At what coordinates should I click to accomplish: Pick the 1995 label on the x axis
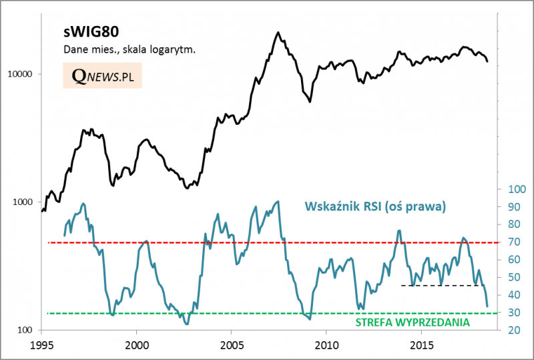tap(41, 346)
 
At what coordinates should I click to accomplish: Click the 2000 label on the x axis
tap(136, 346)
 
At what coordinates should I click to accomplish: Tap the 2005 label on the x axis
tap(231, 346)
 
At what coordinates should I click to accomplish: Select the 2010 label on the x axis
tap(326, 346)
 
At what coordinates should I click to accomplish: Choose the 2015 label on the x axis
tap(421, 346)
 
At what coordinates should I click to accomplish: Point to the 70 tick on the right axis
tap(514, 242)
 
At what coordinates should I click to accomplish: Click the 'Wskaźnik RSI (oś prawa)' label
tap(374, 206)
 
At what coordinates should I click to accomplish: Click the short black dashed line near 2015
tap(441, 285)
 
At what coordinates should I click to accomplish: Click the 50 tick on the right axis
tap(514, 278)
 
